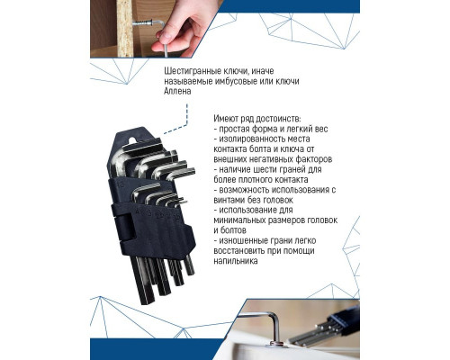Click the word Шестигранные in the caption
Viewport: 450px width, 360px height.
[x=192, y=70]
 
